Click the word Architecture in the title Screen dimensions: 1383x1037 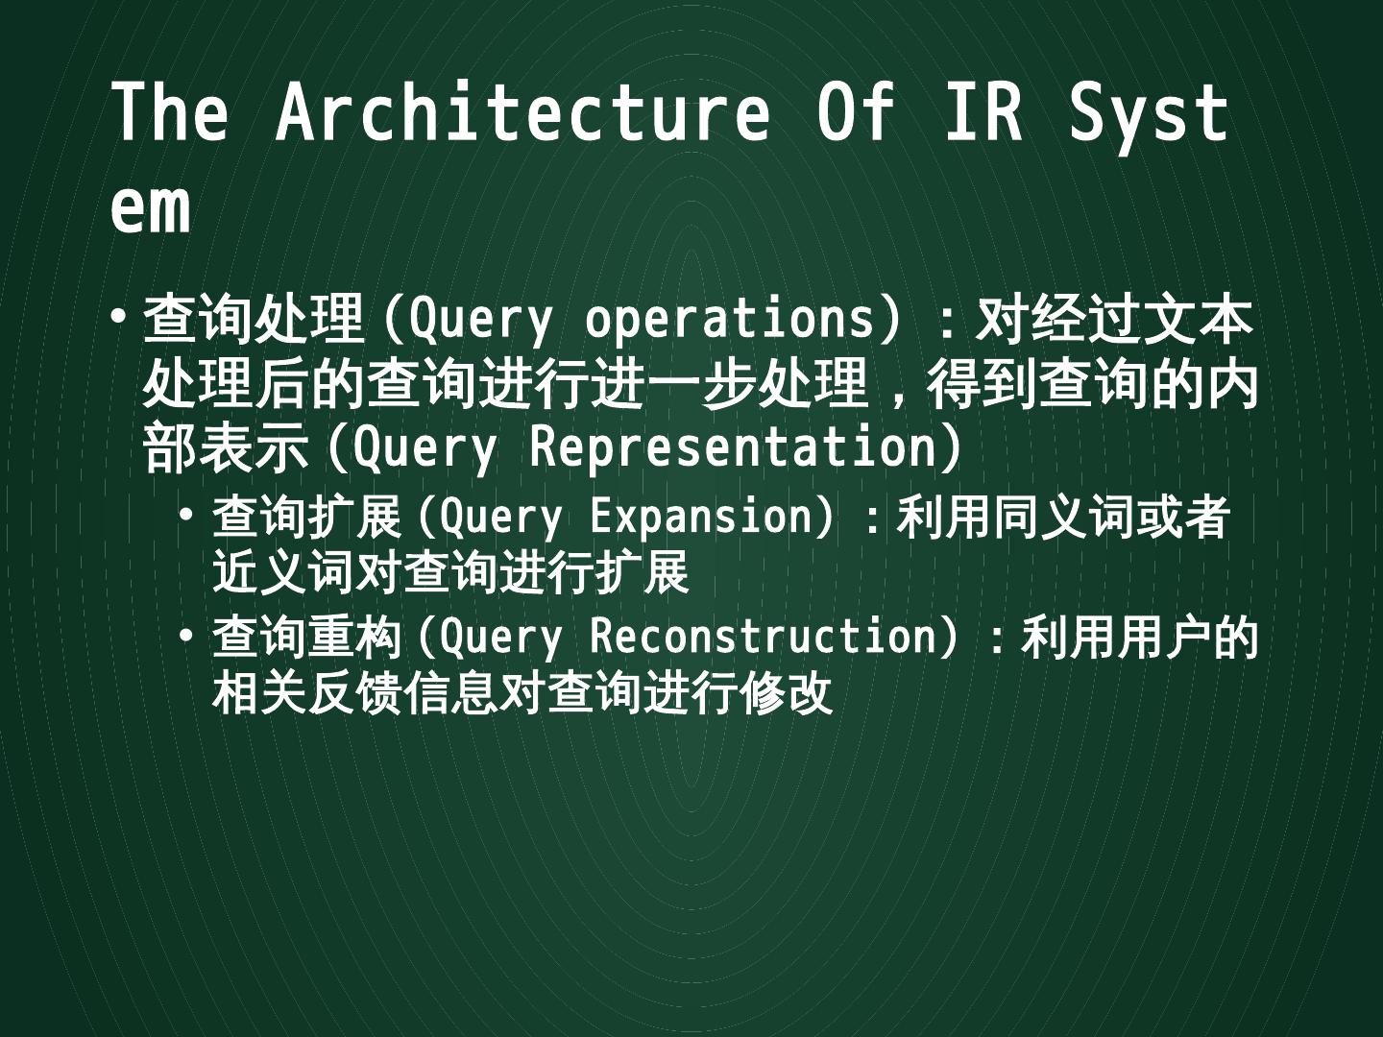point(522,112)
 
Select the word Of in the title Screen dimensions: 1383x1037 point(855,112)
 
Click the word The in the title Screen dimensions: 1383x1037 point(170,112)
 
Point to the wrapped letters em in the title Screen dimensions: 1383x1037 point(150,207)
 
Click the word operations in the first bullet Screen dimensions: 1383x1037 point(729,319)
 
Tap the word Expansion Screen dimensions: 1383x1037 point(701,517)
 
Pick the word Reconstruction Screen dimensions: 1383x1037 point(764,637)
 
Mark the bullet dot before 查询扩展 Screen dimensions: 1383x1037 point(186,515)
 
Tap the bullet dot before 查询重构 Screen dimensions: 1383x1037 point(186,635)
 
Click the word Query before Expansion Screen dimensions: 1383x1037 point(500,517)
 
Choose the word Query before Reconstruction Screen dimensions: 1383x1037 point(500,637)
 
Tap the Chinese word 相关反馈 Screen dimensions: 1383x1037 point(306,693)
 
